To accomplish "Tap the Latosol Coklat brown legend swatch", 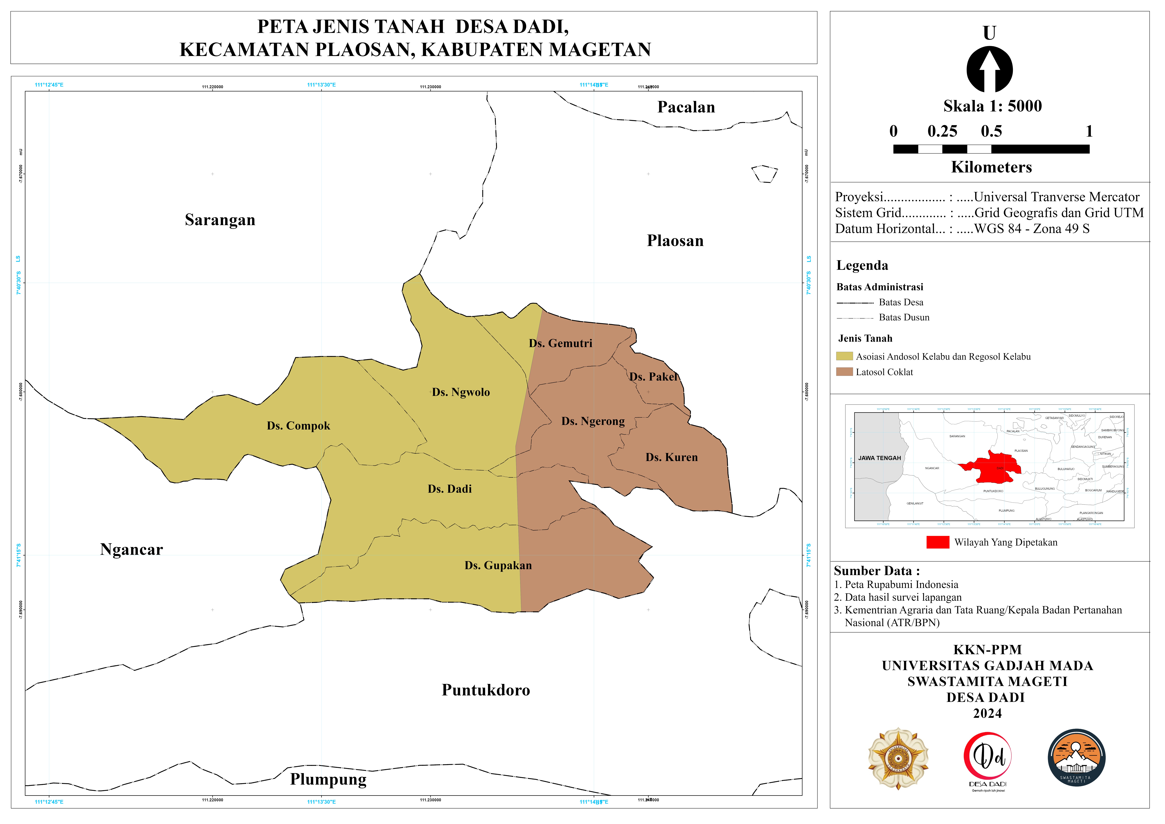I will pos(844,372).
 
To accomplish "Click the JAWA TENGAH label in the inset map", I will pos(879,458).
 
